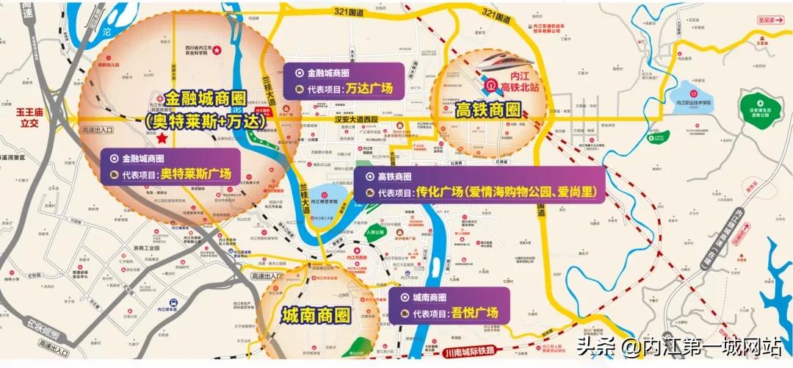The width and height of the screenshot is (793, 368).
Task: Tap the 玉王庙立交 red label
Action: (32, 119)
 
